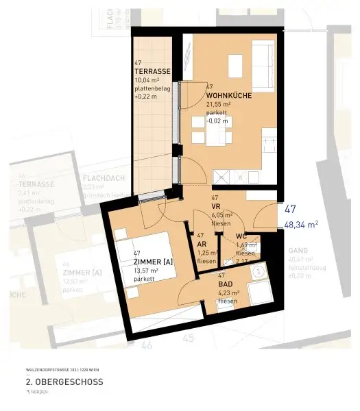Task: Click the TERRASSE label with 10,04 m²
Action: (152, 71)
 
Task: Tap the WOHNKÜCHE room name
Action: (228, 96)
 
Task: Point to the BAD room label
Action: (225, 284)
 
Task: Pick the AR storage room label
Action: (202, 244)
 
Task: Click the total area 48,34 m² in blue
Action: (301, 224)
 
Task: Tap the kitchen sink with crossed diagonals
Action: (223, 177)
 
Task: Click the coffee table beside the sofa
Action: (232, 64)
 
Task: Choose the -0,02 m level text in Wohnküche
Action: (217, 121)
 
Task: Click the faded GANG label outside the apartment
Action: (298, 251)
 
